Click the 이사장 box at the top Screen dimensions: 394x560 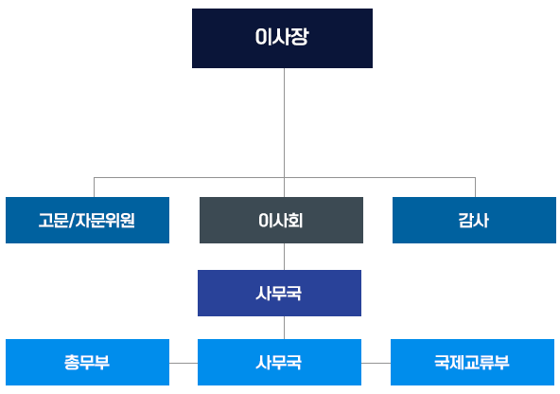(x=282, y=38)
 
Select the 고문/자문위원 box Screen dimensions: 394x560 (x=87, y=220)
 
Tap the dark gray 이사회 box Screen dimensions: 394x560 (x=281, y=220)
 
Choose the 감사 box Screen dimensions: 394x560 (x=474, y=220)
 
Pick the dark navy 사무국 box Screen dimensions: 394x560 (x=279, y=293)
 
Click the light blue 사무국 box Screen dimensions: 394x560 (x=279, y=362)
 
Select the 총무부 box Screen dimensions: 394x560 (x=87, y=362)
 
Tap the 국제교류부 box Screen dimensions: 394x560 (x=472, y=362)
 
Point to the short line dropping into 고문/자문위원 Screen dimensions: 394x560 (x=94, y=187)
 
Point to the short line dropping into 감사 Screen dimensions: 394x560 (x=475, y=187)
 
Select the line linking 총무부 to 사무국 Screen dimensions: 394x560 (x=184, y=363)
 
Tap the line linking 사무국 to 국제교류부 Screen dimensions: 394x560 (x=376, y=363)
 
